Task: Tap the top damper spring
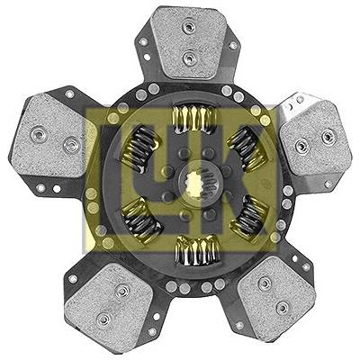tap(194, 119)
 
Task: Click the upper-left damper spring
tap(140, 148)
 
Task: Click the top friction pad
tap(188, 42)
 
